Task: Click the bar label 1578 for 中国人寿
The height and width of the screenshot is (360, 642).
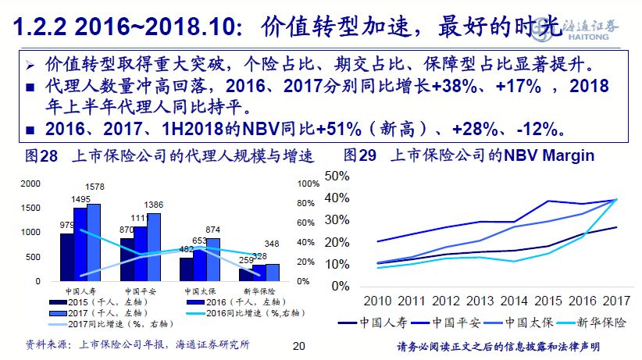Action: pos(94,187)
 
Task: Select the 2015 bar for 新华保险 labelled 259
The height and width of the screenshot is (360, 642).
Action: pos(245,274)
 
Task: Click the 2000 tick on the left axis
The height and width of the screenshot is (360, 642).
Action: pos(28,184)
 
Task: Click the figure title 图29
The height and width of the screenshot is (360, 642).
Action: pos(360,156)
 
